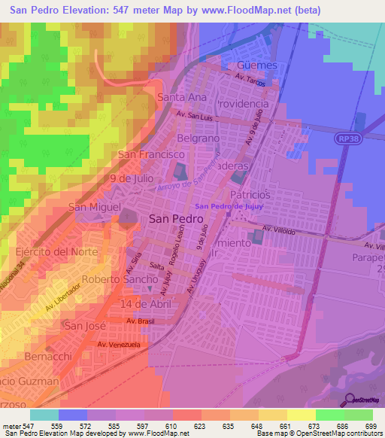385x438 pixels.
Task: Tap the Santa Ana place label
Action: coord(181,98)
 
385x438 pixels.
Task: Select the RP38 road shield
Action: coord(347,139)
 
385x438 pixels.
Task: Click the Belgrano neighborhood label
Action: coord(198,139)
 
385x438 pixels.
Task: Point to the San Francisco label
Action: coord(151,154)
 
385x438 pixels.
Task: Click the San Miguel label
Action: coord(95,206)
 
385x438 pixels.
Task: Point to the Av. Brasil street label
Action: coord(141,321)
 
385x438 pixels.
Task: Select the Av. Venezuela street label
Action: coord(119,345)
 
